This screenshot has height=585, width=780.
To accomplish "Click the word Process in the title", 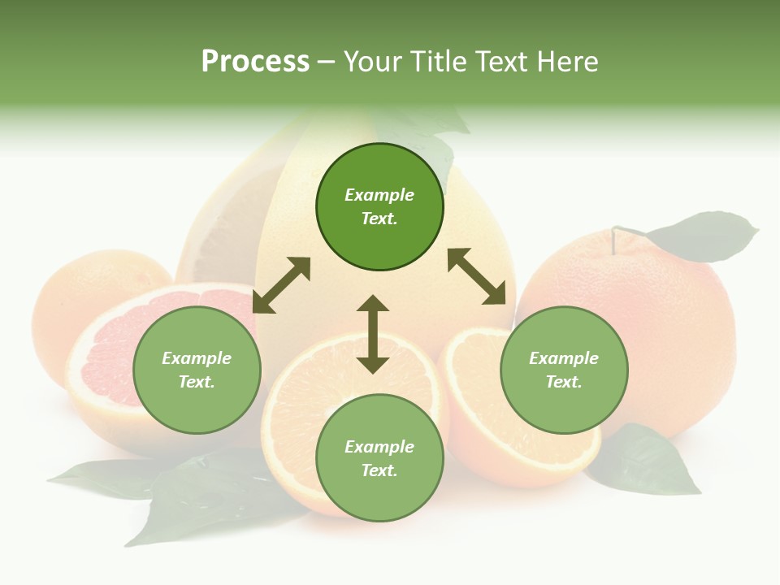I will click(255, 62).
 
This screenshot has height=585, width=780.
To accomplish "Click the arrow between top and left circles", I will click(281, 285).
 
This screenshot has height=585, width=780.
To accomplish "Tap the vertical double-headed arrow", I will click(373, 334).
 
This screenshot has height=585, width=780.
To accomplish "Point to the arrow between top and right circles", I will click(482, 276).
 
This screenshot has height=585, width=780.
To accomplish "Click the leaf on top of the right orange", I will click(703, 237).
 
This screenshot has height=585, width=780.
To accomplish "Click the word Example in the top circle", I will click(379, 195).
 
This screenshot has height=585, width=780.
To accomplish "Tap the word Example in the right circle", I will click(564, 358).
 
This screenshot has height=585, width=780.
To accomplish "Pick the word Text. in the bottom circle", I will click(379, 470).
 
